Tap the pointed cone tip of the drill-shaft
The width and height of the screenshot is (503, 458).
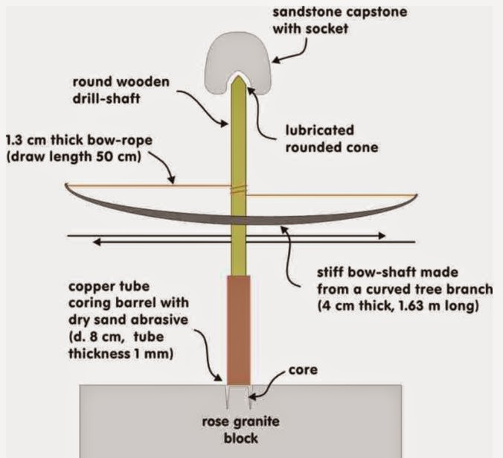point(239,76)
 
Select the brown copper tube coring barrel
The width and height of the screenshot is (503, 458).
point(239,330)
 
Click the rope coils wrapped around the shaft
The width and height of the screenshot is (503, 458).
point(239,191)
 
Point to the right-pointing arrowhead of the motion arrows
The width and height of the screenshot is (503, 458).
point(382,236)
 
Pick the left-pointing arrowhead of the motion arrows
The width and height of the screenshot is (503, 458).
point(97,242)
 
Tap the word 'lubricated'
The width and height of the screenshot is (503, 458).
point(320,130)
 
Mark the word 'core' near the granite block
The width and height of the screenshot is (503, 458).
point(303,370)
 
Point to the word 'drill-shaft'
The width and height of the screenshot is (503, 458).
point(106,98)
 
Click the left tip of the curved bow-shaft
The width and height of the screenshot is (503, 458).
point(65,184)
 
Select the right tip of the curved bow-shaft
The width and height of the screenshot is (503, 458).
point(417,195)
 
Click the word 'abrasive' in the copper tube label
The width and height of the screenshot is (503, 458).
point(161,319)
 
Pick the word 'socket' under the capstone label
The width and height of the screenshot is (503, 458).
point(327,29)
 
